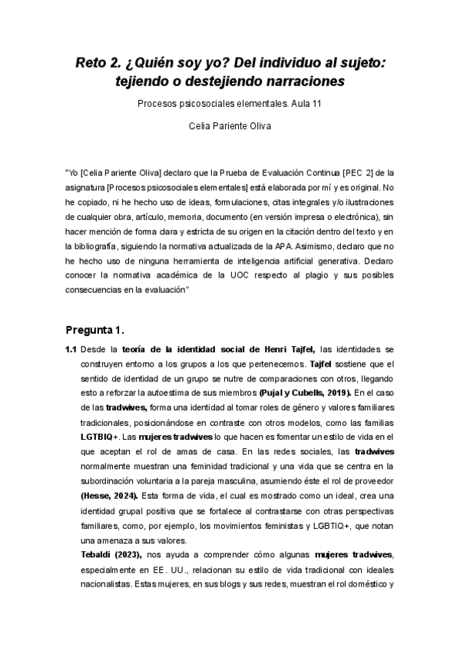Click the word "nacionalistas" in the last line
coord(103,585)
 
